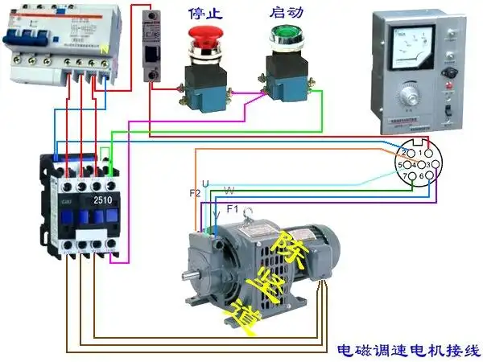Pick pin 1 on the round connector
pos(419,152)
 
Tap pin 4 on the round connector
pos(414,164)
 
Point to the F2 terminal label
pos(195,194)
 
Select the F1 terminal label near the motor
pos(233,209)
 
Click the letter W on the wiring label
pos(229,191)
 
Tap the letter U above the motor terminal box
pos(205,185)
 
